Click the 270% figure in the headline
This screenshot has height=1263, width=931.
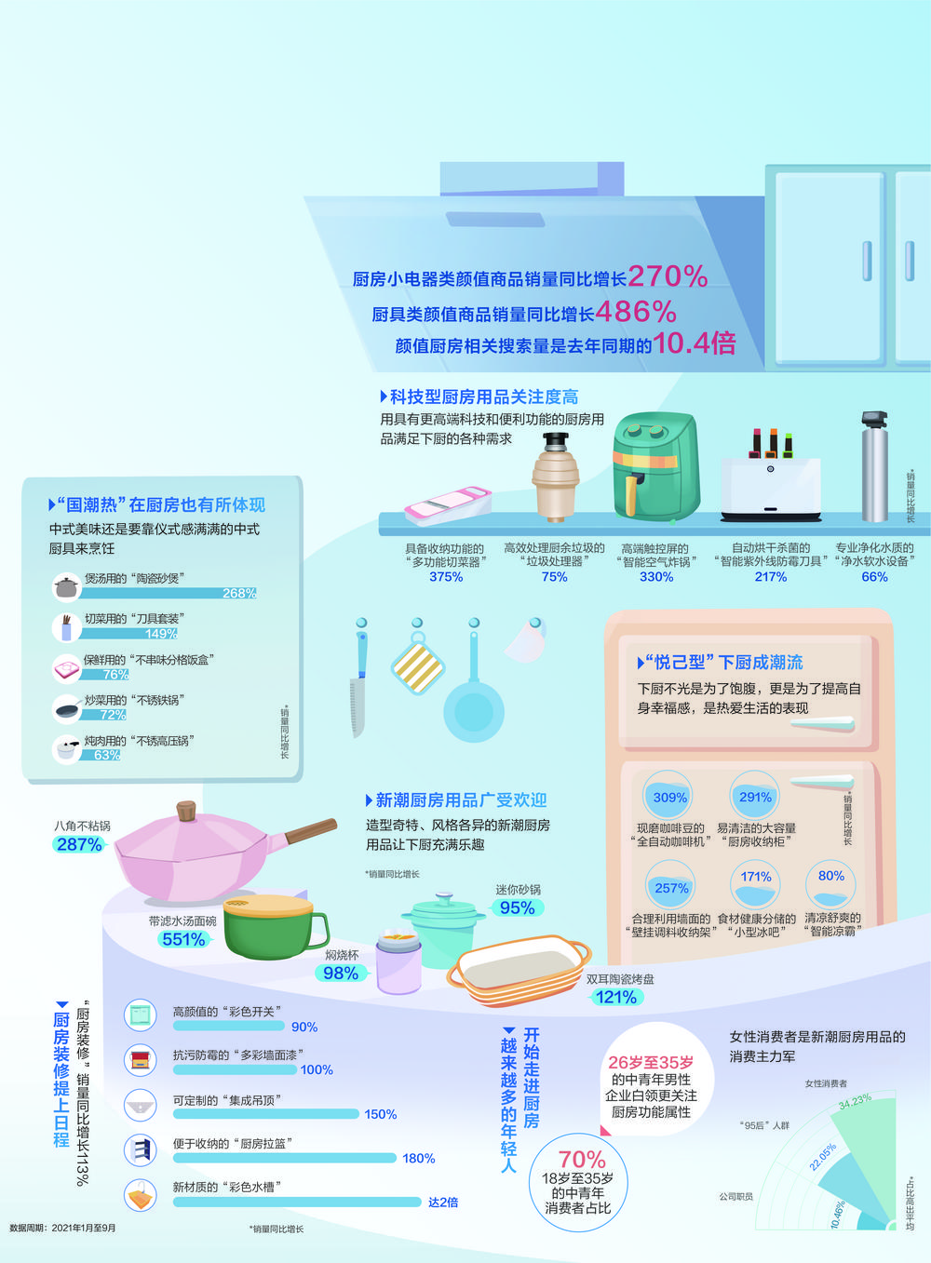(x=668, y=276)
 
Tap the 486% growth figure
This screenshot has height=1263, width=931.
(x=636, y=312)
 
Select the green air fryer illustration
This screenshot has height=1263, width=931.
(x=654, y=466)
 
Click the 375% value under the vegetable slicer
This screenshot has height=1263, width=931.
(x=446, y=577)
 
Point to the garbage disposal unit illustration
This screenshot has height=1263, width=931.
(x=555, y=476)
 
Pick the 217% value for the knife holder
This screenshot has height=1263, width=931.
(x=770, y=577)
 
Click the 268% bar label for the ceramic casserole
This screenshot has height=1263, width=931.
(x=239, y=593)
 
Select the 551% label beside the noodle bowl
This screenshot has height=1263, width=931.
(x=183, y=940)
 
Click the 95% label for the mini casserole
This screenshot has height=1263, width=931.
(x=517, y=908)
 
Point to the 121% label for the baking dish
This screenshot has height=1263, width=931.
(x=616, y=997)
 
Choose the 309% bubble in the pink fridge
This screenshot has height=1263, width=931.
(x=669, y=798)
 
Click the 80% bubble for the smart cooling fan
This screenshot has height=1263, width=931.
(x=830, y=876)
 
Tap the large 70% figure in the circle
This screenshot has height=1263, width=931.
(x=582, y=1160)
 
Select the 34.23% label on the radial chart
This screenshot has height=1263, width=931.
(x=854, y=1102)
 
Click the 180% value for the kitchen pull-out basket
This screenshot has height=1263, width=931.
(x=419, y=1159)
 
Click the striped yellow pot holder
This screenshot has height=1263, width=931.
(x=418, y=666)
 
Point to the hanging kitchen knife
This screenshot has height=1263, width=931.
(x=358, y=689)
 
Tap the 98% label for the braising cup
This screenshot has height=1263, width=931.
(x=340, y=974)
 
